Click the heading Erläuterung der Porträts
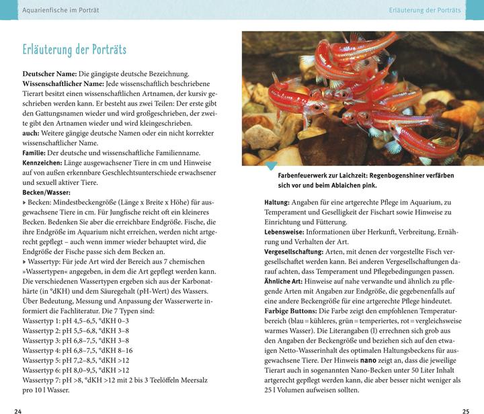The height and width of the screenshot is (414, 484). click(74, 50)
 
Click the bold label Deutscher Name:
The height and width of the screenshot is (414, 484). click(49, 73)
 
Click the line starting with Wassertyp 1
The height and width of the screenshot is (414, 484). click(75, 321)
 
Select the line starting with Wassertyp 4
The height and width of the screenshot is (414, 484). click(77, 351)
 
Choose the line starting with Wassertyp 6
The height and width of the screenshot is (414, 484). click(75, 370)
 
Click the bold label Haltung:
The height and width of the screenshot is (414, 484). click(277, 202)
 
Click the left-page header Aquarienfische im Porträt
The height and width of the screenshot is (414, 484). click(61, 10)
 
